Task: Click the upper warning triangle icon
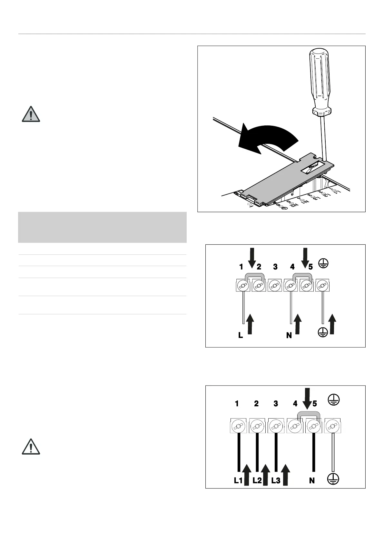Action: (31, 114)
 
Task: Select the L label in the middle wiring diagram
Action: (241, 335)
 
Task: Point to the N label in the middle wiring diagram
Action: (289, 335)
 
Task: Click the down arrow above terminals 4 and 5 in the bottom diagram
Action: (308, 399)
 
